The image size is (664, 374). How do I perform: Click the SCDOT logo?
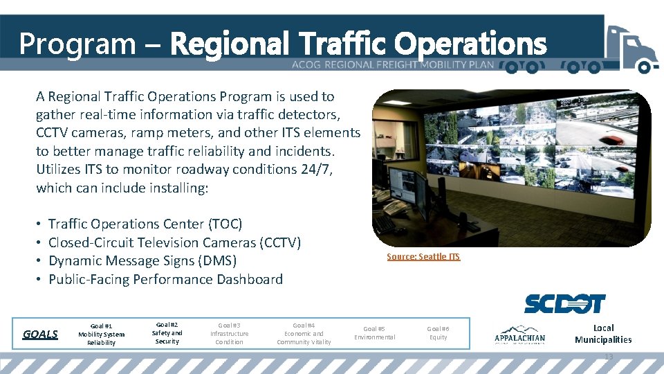click(x=564, y=303)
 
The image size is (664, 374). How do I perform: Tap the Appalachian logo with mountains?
click(x=519, y=335)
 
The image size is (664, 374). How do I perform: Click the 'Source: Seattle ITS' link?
click(x=423, y=257)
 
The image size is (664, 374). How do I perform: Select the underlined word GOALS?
click(x=40, y=334)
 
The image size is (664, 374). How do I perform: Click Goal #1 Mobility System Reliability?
click(x=101, y=334)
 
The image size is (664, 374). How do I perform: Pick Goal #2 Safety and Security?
click(x=167, y=332)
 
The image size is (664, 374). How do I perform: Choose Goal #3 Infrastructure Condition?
click(x=229, y=333)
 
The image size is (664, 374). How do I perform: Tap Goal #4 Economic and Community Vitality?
click(x=304, y=333)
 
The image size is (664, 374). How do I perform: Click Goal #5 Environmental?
click(x=374, y=333)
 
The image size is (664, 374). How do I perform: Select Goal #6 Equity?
click(x=438, y=333)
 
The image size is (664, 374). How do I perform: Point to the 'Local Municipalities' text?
click(x=603, y=334)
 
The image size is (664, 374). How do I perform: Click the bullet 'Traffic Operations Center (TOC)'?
click(x=145, y=224)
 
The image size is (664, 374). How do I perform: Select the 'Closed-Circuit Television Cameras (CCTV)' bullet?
click(x=174, y=242)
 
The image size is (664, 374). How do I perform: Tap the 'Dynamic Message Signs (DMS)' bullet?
click(x=142, y=261)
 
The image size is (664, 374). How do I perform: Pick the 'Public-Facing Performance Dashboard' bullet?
click(x=165, y=279)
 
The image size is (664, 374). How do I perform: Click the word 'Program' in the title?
click(x=77, y=44)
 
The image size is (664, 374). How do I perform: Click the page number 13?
click(x=609, y=357)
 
